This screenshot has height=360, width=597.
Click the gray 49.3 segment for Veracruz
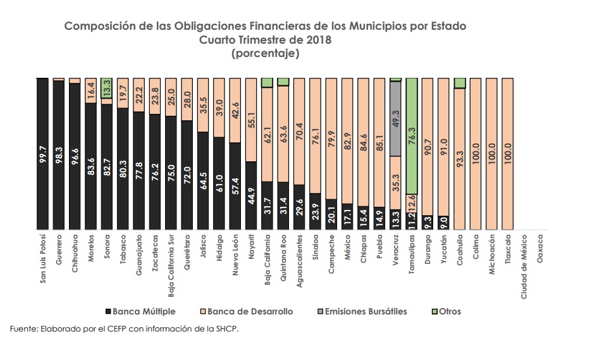396,120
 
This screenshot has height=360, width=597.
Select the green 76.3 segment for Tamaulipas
412,136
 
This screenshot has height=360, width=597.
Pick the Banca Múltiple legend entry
140,311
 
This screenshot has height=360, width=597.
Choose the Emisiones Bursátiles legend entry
366,311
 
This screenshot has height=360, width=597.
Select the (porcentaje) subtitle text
266,53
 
